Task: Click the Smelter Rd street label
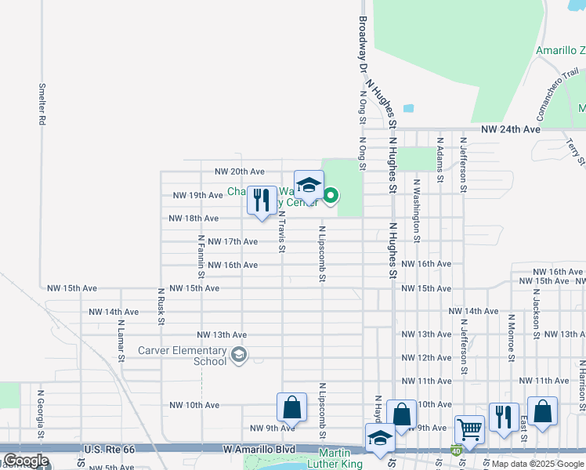(42, 104)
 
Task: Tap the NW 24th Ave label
(511, 128)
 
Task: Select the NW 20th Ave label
(240, 172)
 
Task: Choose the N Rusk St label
(161, 305)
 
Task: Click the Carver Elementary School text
(182, 356)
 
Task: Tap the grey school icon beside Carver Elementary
(238, 356)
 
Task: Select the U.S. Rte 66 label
(109, 450)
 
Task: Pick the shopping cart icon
(469, 428)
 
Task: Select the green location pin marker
(331, 194)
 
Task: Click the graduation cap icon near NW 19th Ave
(309, 185)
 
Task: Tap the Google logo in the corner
(25, 461)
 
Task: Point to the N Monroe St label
(511, 338)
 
